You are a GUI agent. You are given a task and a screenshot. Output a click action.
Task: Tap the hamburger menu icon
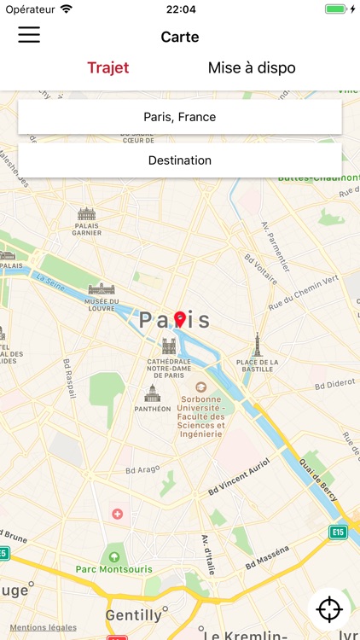coord(29,35)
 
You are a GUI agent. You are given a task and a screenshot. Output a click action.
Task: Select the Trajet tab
coord(108,67)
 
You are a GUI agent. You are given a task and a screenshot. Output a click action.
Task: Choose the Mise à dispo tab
coord(252,67)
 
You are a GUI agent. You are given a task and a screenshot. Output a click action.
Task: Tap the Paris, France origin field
coord(180,117)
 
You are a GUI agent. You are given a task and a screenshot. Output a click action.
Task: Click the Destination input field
coord(180,160)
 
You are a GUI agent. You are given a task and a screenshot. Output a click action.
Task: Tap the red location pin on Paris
coord(179,319)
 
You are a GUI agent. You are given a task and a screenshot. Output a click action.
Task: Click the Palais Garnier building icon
coord(87,214)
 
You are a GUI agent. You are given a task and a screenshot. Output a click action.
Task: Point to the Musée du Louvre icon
coord(101,288)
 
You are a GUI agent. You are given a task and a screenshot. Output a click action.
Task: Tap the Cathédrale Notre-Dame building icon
coord(169,346)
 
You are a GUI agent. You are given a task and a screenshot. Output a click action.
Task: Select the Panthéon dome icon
coord(152,393)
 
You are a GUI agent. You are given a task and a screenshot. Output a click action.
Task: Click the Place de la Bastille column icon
coord(256,344)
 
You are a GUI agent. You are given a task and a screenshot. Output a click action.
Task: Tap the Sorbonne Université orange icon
coord(201,387)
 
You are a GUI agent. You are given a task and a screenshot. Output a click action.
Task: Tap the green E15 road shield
coord(339,532)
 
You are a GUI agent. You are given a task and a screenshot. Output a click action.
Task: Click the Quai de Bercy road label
coord(316,480)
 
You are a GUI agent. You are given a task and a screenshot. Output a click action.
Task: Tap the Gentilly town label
coord(133,614)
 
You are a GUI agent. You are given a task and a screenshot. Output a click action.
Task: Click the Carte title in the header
coord(180,37)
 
